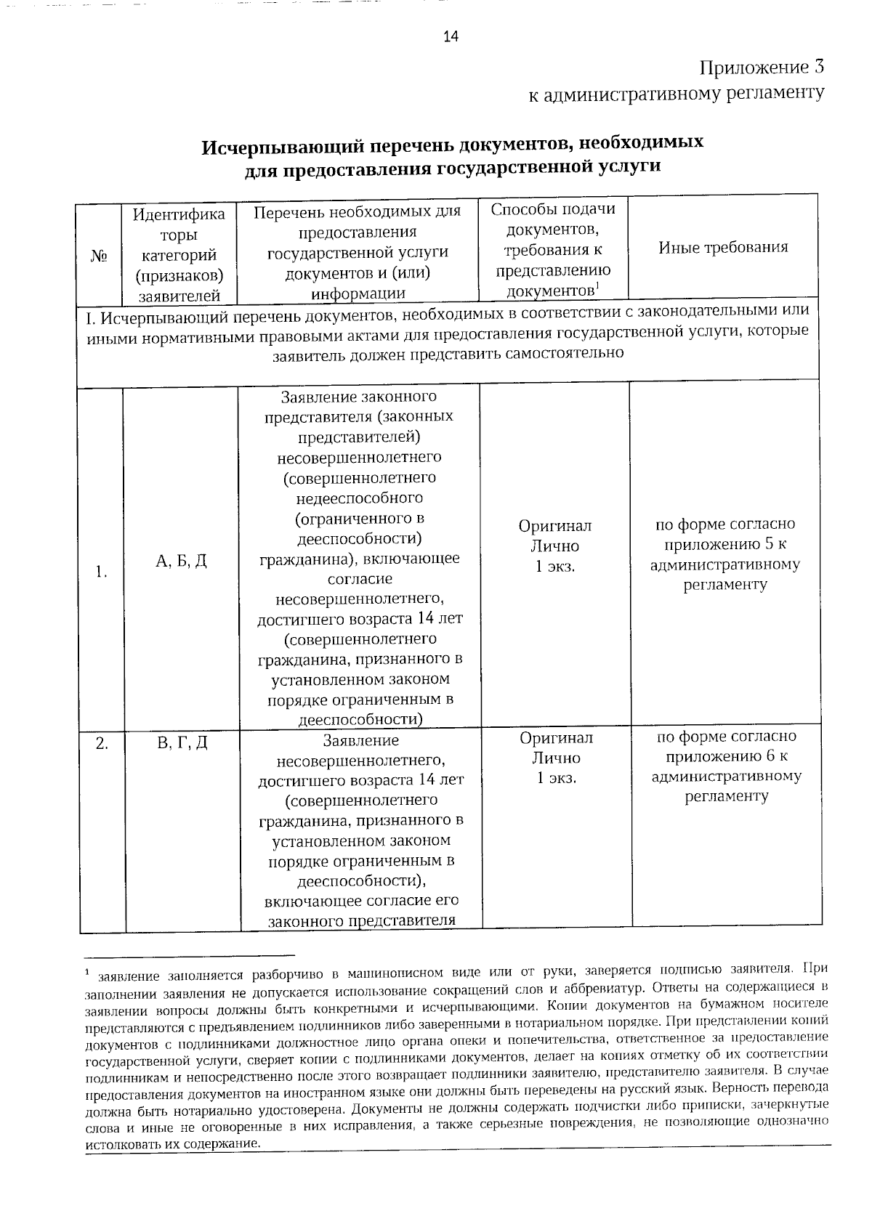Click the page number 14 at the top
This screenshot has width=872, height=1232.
pyautogui.click(x=451, y=38)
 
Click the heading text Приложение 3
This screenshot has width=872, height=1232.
pyautogui.click(x=762, y=68)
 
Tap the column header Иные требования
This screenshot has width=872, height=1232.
pyautogui.click(x=723, y=247)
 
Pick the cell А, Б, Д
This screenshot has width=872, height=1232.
pyautogui.click(x=182, y=560)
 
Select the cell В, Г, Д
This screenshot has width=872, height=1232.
pyautogui.click(x=182, y=742)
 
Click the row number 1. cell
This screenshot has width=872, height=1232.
pyautogui.click(x=101, y=572)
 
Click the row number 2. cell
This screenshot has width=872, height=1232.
pyautogui.click(x=102, y=742)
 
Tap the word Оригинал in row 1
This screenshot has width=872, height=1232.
pyautogui.click(x=555, y=525)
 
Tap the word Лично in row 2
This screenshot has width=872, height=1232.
pyautogui.click(x=556, y=758)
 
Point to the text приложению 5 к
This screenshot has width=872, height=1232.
pyautogui.click(x=724, y=544)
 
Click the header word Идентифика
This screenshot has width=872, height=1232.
pyautogui.click(x=179, y=214)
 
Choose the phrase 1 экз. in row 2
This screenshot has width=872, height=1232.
pyautogui.click(x=556, y=778)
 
